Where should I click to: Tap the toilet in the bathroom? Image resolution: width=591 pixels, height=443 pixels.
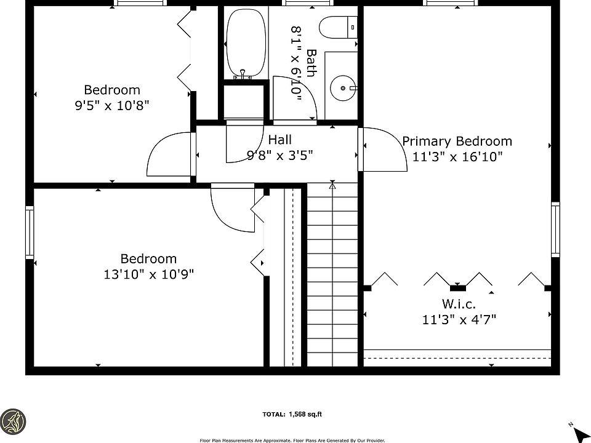tap(338, 28)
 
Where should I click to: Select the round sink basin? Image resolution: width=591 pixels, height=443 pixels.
tap(343, 88)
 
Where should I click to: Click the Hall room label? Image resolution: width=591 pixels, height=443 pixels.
tap(279, 140)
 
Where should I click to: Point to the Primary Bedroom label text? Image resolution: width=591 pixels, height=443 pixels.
tap(457, 142)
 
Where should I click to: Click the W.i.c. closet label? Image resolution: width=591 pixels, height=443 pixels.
tap(458, 303)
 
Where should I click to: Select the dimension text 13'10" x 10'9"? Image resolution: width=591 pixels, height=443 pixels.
tap(148, 274)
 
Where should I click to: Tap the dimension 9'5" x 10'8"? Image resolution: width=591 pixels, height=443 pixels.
tap(112, 105)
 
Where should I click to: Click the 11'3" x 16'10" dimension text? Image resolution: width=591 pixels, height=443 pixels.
tap(457, 156)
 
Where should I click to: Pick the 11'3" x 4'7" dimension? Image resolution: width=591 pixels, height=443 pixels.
tap(459, 319)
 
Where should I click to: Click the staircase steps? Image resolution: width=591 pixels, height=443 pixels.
tap(332, 274)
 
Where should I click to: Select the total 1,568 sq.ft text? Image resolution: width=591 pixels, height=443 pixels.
tap(292, 414)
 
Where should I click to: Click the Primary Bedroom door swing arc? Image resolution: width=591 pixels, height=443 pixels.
tap(396, 140)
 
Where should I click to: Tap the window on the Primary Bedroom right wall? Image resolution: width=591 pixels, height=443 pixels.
tap(555, 229)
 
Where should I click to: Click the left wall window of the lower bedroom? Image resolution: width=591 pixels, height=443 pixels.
tap(30, 233)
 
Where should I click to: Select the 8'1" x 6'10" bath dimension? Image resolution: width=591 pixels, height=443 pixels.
tap(297, 63)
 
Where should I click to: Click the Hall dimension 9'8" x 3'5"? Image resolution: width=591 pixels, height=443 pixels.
tap(279, 155)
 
